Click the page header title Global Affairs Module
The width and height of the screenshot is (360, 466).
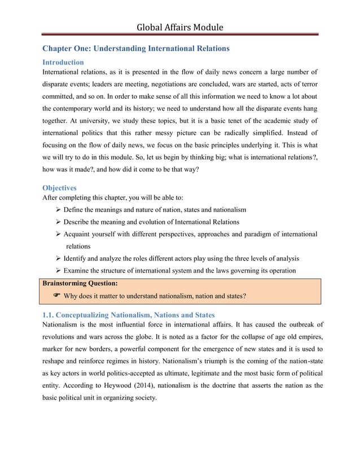click(179, 27)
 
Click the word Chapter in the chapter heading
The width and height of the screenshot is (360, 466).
click(58, 49)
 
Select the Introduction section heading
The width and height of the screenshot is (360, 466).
click(63, 62)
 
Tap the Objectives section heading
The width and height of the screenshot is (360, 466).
click(59, 187)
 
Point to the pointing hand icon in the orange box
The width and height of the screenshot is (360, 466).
click(56, 295)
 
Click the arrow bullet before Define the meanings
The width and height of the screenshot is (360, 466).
click(58, 210)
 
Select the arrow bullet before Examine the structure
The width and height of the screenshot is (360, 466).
click(58, 271)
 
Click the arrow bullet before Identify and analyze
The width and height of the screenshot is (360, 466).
click(58, 258)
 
